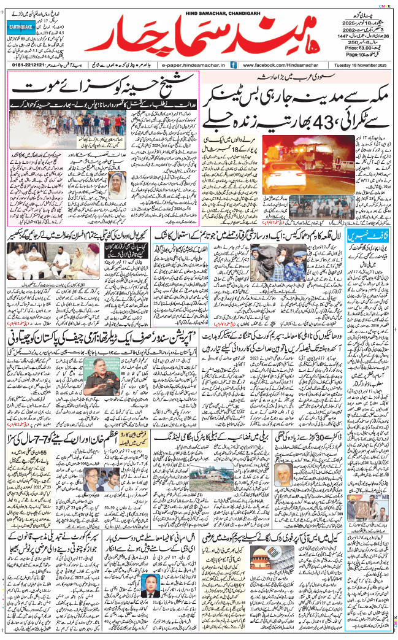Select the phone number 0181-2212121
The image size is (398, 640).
click(x=29, y=64)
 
